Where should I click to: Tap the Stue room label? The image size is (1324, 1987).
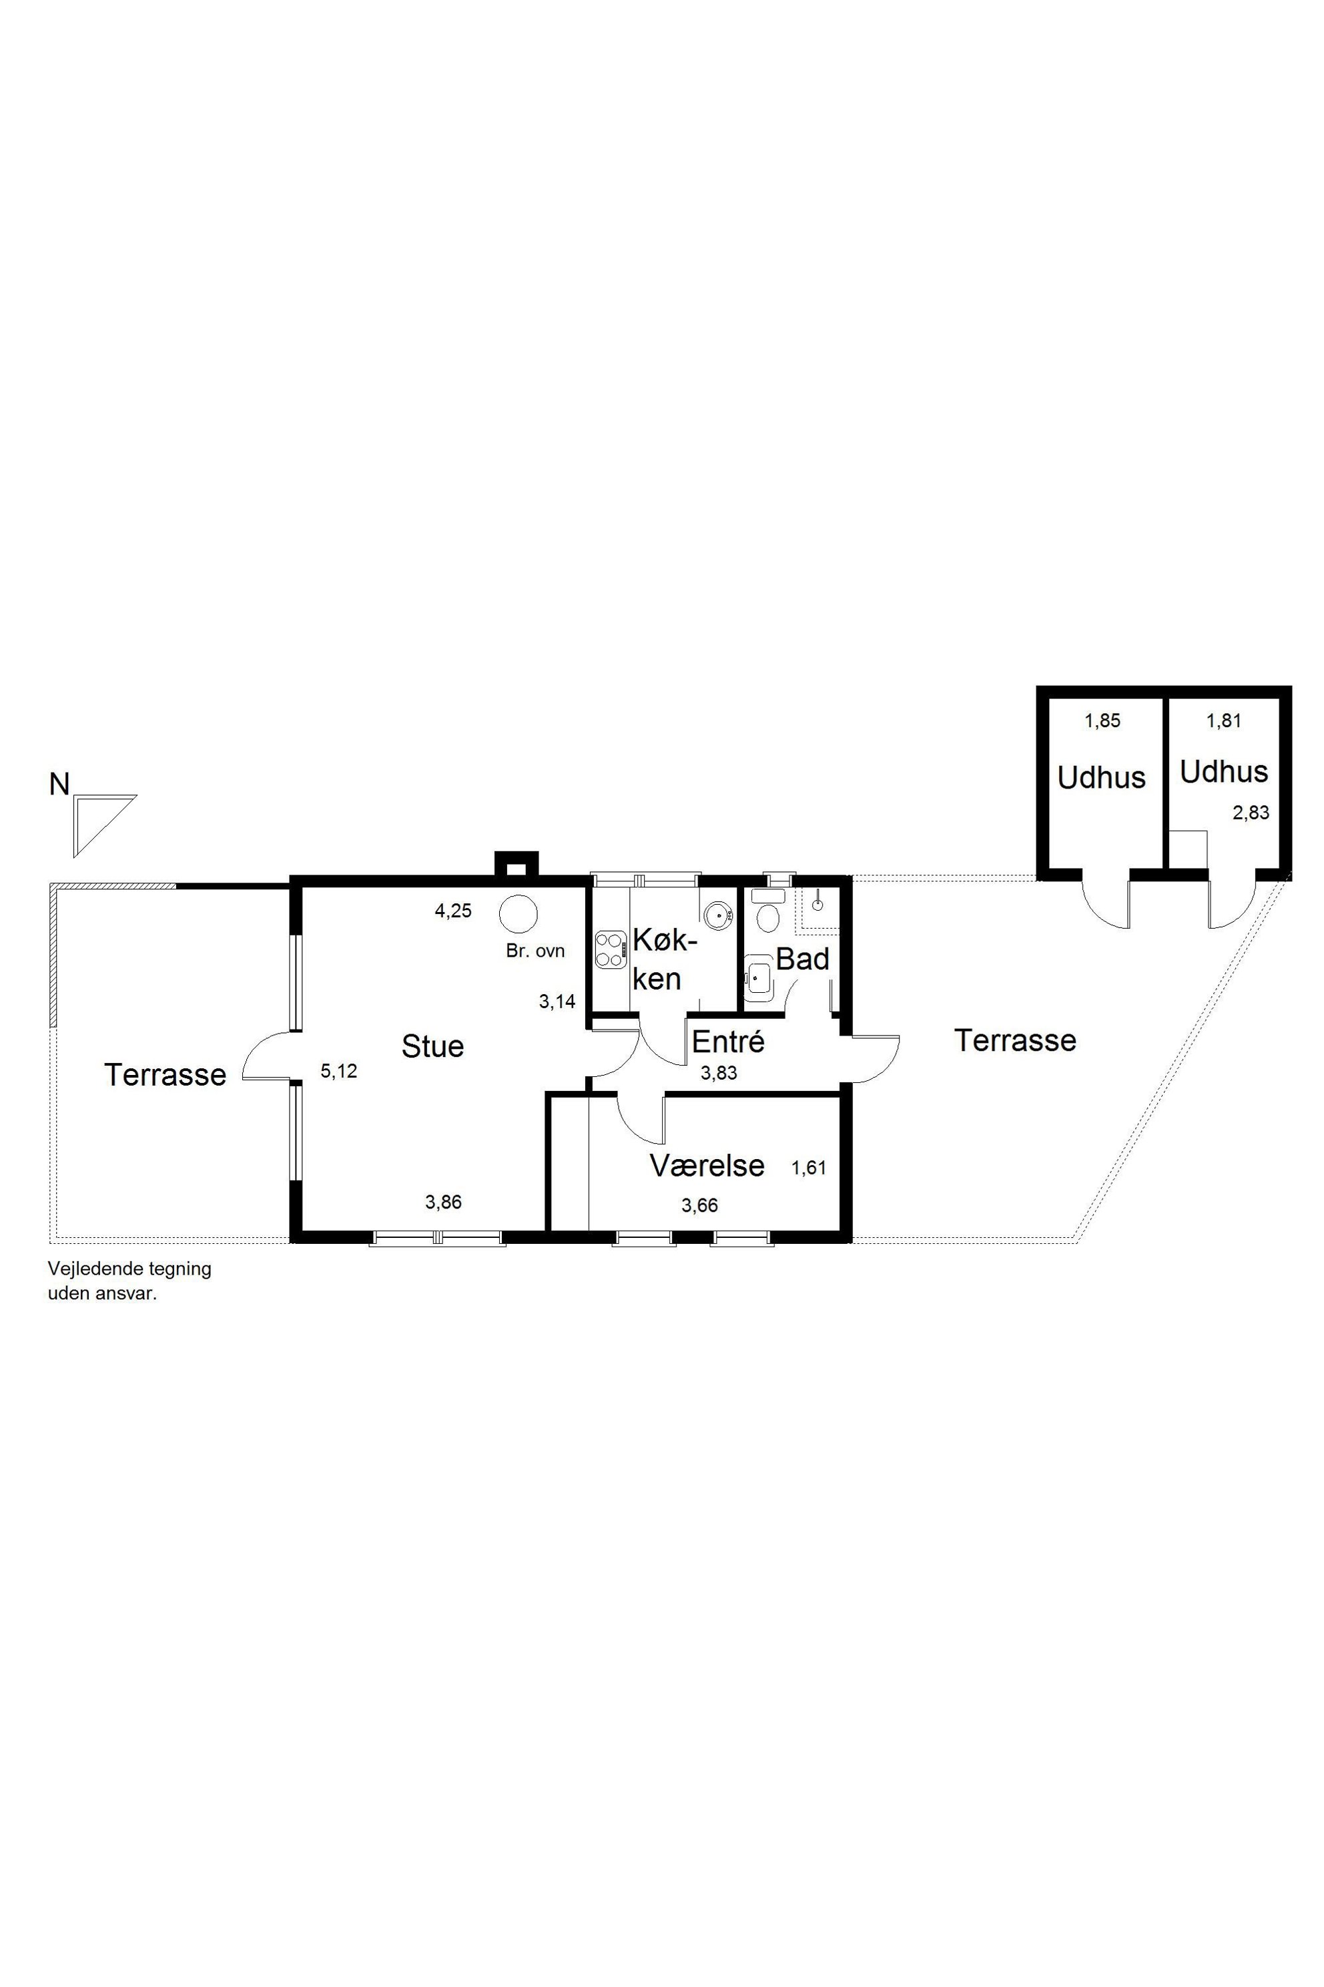pos(432,1047)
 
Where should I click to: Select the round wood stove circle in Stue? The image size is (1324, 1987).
pos(519,914)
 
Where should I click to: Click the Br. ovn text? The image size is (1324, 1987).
pos(535,950)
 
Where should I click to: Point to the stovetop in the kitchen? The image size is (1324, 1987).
pos(611,949)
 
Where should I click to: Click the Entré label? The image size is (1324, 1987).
pos(728,1042)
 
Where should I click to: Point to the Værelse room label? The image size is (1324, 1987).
pos(707,1166)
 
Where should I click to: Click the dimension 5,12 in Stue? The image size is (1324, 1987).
pos(338,1071)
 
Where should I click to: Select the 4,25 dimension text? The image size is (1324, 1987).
pos(452,911)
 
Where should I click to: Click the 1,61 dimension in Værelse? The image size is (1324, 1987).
pos(808,1168)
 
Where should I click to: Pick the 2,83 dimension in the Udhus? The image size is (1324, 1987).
pos(1251,813)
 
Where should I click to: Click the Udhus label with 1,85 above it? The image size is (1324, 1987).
pos(1101,778)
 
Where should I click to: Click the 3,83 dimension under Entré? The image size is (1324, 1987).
pos(719,1074)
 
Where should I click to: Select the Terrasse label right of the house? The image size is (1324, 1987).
pos(1015,1041)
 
